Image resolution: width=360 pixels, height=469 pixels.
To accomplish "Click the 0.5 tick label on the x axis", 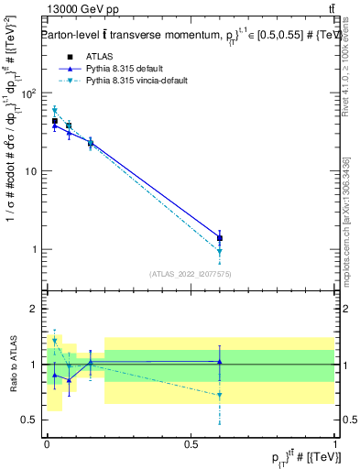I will [x=191, y=442].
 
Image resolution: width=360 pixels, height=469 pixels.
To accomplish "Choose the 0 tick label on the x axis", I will [x=47, y=442].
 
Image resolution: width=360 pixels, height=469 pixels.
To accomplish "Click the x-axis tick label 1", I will [x=335, y=442].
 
